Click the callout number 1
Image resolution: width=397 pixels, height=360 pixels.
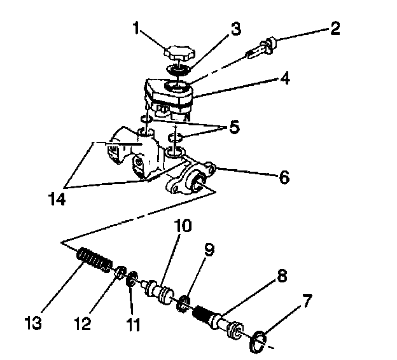(135, 28)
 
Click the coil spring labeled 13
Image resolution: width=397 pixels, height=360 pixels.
(95, 260)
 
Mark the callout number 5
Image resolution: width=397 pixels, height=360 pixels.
(235, 128)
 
